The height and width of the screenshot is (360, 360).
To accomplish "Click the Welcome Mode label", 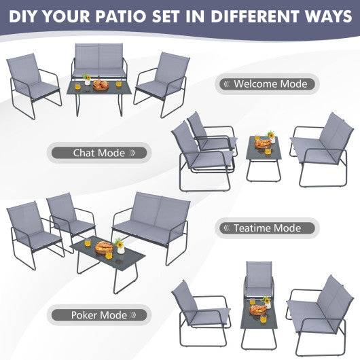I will [x=266, y=84].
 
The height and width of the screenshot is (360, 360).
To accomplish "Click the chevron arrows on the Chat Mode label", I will [x=134, y=153].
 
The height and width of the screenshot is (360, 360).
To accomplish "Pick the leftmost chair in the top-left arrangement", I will [x=31, y=82].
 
